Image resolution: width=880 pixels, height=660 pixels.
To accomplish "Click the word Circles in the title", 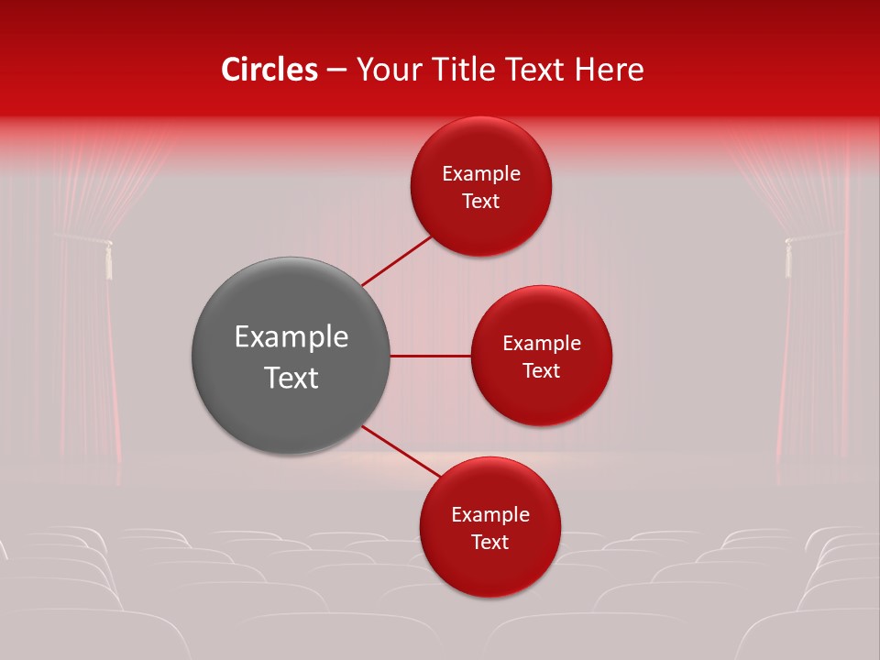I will click(269, 70).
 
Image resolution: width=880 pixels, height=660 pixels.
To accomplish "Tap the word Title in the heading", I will click(469, 70).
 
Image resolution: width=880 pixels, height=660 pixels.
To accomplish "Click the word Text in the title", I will click(539, 70).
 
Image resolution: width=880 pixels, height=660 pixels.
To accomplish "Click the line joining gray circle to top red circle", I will click(397, 261).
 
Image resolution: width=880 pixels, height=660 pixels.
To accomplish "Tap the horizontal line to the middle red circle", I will click(430, 356).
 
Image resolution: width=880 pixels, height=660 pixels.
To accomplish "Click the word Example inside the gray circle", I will click(291, 336).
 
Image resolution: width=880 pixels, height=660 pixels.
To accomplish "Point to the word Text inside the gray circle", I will click(291, 378).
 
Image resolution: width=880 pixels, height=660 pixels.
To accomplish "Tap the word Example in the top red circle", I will click(480, 173).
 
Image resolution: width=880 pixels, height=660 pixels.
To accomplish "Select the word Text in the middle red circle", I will click(541, 370).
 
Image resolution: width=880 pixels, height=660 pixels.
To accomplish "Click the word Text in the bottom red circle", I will click(489, 542).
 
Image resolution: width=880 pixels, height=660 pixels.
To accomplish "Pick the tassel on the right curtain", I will click(786, 258).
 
